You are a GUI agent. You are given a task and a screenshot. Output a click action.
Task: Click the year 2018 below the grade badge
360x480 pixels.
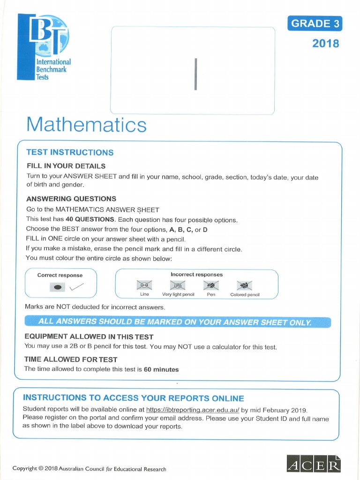click(325, 44)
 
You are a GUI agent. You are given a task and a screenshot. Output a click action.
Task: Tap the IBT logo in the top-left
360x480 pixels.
click(44, 47)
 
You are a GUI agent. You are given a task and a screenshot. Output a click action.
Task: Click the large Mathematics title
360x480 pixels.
click(86, 125)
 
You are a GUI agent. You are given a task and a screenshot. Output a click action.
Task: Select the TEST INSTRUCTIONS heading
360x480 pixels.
click(70, 152)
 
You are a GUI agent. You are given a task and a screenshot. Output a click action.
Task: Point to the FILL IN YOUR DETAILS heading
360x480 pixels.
click(66, 166)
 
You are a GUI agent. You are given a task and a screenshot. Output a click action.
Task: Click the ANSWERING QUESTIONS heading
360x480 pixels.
click(71, 199)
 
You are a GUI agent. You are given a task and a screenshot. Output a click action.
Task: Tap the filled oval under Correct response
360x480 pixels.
click(58, 287)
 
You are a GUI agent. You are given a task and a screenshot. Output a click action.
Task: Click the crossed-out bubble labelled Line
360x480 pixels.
click(144, 285)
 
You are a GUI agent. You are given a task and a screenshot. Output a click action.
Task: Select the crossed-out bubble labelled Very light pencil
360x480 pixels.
click(178, 285)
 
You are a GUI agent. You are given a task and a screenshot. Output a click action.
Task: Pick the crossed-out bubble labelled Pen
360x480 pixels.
click(210, 285)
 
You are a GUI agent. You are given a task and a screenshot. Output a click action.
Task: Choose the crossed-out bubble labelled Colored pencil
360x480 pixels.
click(244, 285)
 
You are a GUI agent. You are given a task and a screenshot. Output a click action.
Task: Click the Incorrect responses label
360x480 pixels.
click(196, 274)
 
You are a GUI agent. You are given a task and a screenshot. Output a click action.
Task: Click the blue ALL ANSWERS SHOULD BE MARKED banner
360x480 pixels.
click(178, 322)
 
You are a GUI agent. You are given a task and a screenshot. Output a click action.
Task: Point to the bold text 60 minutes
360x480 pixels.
click(161, 369)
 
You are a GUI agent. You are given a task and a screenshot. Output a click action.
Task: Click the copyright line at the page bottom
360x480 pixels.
click(89, 469)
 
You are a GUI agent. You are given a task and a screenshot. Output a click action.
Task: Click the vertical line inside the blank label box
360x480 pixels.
click(195, 74)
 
